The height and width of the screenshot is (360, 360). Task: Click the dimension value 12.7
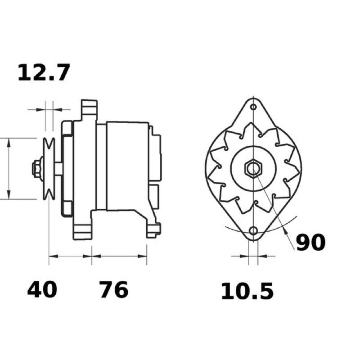point(43,72)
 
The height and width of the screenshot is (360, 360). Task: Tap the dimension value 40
point(42,290)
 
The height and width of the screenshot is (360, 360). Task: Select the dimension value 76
point(114,290)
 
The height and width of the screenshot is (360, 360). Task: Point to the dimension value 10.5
point(247,291)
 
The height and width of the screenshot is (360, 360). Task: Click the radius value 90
point(310,243)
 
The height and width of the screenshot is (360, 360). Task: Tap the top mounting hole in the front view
point(253,107)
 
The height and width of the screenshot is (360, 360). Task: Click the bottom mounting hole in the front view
point(253,230)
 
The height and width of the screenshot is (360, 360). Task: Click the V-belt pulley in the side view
point(49,169)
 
